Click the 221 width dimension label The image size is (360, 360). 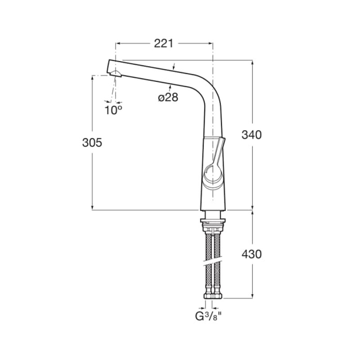click(x=163, y=43)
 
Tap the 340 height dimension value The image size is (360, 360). click(x=252, y=135)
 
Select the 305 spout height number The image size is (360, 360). click(x=92, y=143)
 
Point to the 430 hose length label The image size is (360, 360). click(x=252, y=254)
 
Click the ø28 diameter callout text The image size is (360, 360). click(x=168, y=98)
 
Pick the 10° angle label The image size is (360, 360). click(x=113, y=110)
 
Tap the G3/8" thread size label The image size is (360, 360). click(x=209, y=316)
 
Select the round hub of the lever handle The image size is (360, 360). click(x=213, y=174)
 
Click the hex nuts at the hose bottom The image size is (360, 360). click(x=213, y=296)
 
